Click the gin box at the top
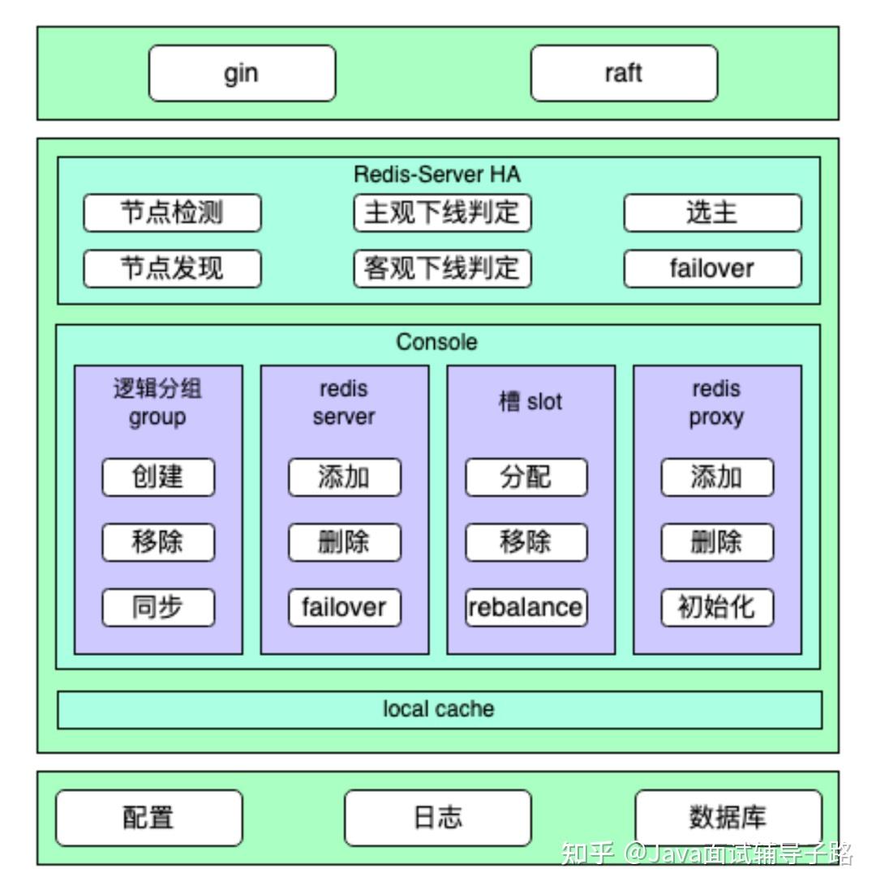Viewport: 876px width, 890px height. [242, 73]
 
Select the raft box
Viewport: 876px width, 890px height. [624, 73]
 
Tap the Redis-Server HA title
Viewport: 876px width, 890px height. [437, 174]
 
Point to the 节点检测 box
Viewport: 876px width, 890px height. [172, 213]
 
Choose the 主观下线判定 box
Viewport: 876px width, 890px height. [442, 213]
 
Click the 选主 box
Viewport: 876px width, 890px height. [712, 213]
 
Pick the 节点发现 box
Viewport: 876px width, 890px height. [172, 268]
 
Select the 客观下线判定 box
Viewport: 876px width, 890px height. [442, 268]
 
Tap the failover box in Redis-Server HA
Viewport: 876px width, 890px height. [712, 268]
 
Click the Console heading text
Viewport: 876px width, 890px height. [436, 342]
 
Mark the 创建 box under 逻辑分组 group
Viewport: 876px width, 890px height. [158, 477]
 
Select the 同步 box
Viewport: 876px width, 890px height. [158, 607]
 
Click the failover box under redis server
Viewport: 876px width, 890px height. [345, 607]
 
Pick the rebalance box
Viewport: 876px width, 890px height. [526, 607]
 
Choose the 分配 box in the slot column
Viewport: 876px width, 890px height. [526, 477]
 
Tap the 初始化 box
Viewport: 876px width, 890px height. [717, 607]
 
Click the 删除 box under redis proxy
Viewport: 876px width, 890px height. [717, 542]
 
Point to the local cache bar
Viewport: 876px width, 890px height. [439, 710]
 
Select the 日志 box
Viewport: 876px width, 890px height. [438, 818]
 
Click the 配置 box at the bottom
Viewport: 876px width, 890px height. [148, 818]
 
